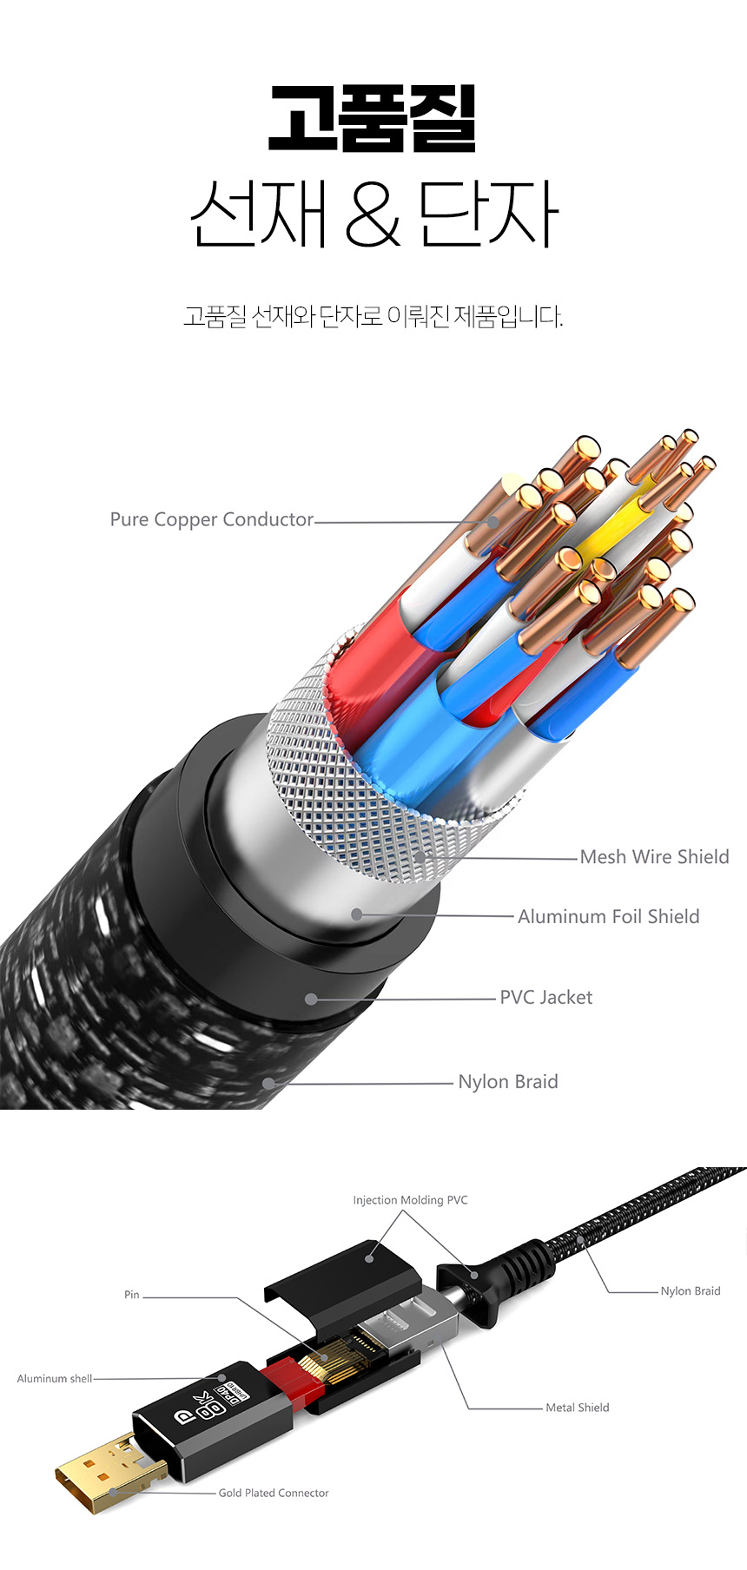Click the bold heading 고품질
[373, 118]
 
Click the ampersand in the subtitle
[373, 214]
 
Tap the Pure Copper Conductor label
[211, 519]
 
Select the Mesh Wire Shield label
[654, 857]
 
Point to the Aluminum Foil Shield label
[608, 916]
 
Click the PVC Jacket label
[545, 997]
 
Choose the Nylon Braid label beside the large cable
[507, 1081]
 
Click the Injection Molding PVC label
[410, 1200]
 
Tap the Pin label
[131, 1295]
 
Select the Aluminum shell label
[54, 1378]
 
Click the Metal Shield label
[577, 1408]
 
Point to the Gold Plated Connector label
[274, 1493]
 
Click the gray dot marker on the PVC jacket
[311, 999]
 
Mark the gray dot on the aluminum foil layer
[356, 914]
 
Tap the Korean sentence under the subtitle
[373, 316]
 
